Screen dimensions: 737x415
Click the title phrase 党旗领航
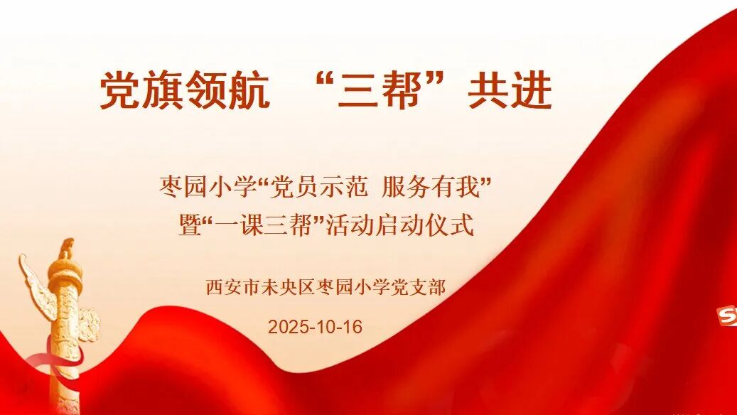184,91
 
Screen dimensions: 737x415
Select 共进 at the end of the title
510,91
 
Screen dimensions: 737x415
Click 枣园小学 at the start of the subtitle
208,187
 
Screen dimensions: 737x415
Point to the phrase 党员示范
318,187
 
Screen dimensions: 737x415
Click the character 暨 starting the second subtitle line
190,225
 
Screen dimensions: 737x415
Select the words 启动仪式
425,225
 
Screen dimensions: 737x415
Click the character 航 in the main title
249,91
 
